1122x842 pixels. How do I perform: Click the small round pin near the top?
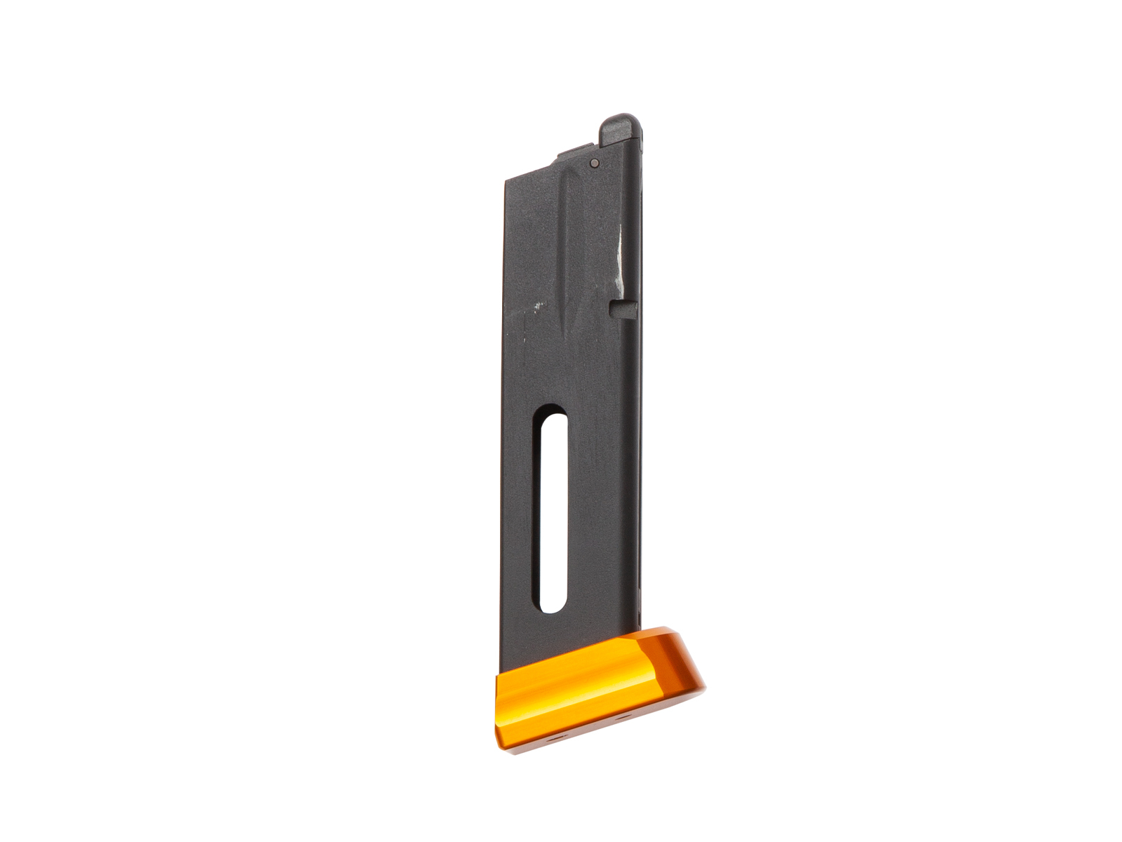point(595,163)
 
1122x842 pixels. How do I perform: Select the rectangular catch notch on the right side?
point(622,308)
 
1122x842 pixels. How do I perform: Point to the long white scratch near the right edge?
point(618,259)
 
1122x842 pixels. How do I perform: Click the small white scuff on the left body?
point(539,305)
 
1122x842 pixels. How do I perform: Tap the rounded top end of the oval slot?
point(554,420)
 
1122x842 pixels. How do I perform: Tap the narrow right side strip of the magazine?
point(639,421)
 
